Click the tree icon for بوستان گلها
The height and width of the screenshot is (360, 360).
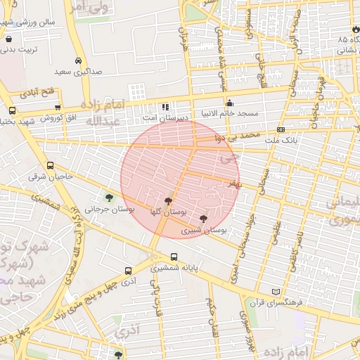pyautogui.click(x=167, y=200)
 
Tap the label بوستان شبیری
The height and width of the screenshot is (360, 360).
pyautogui.click(x=200, y=230)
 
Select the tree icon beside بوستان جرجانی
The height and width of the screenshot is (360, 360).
pyautogui.click(x=109, y=196)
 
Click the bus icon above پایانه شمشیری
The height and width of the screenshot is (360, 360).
pyautogui.click(x=174, y=256)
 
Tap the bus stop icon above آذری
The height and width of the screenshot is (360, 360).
pyautogui.click(x=128, y=270)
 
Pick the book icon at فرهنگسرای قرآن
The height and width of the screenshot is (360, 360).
pyautogui.click(x=276, y=292)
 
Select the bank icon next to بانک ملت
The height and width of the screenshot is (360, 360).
pyautogui.click(x=281, y=129)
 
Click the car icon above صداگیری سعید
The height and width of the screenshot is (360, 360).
pyautogui.click(x=77, y=60)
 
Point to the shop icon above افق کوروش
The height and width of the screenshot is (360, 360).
pyautogui.click(x=57, y=108)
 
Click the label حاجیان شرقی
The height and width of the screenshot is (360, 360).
pyautogui.click(x=51, y=176)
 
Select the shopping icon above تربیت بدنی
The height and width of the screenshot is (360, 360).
pyautogui.click(x=8, y=39)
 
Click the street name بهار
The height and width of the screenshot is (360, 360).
pyautogui.click(x=232, y=183)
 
